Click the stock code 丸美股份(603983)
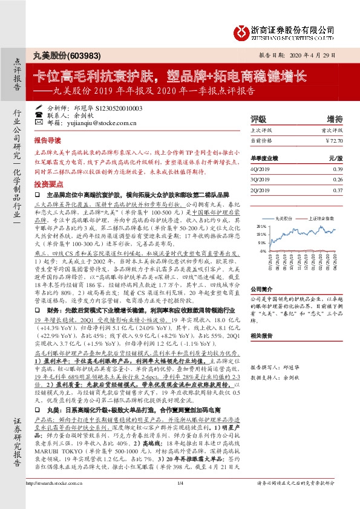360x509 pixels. pyautogui.click(x=59, y=54)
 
